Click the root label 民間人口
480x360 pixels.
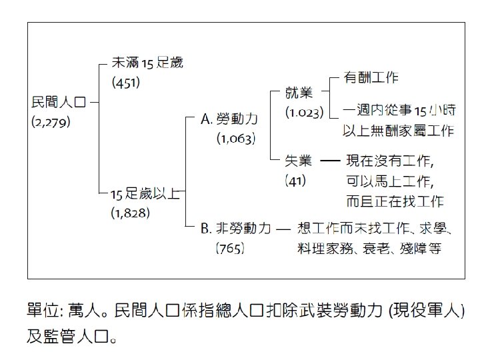[x=59, y=103]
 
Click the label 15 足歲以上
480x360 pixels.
[x=145, y=194]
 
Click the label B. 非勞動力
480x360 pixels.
[x=236, y=229]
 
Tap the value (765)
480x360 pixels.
[x=229, y=249]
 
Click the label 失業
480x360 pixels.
[x=299, y=161]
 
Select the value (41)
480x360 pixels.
[x=295, y=180]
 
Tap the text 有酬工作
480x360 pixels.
[x=371, y=77]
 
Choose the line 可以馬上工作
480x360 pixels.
[x=389, y=181]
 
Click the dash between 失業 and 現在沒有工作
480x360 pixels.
[x=330, y=161]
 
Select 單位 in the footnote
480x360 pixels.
[x=41, y=311]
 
